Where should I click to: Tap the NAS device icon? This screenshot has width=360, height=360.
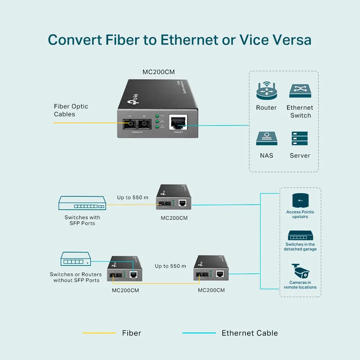(266, 139)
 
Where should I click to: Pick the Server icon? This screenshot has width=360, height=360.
(300, 139)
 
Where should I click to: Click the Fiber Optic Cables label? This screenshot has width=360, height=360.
(71, 110)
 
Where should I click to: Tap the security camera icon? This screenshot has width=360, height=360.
(301, 270)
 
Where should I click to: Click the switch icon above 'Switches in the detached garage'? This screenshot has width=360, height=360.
(300, 236)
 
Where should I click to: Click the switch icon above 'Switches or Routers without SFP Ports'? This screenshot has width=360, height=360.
(76, 260)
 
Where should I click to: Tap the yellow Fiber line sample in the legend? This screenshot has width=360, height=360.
(99, 333)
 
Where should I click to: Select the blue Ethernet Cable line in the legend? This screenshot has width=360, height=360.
(198, 333)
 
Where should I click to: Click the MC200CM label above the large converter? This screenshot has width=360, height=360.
(158, 72)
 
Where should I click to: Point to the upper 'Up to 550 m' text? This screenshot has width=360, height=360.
(133, 197)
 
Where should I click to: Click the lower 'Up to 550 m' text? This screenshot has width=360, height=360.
(171, 266)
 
